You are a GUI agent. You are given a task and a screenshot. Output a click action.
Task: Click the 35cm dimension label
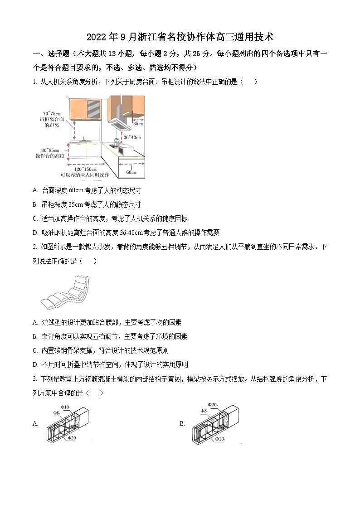(x=138, y=123)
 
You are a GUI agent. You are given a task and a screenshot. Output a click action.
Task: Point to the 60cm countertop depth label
(x=131, y=172)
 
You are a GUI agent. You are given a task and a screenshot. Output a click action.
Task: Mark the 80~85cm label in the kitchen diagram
(x=50, y=150)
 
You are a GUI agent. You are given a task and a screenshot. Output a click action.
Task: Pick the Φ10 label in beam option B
(x=220, y=439)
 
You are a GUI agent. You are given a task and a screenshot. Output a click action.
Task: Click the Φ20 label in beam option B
(x=213, y=404)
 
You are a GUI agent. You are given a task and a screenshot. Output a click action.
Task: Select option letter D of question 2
(x=35, y=364)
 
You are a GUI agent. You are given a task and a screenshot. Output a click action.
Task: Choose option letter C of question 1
(x=35, y=218)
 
